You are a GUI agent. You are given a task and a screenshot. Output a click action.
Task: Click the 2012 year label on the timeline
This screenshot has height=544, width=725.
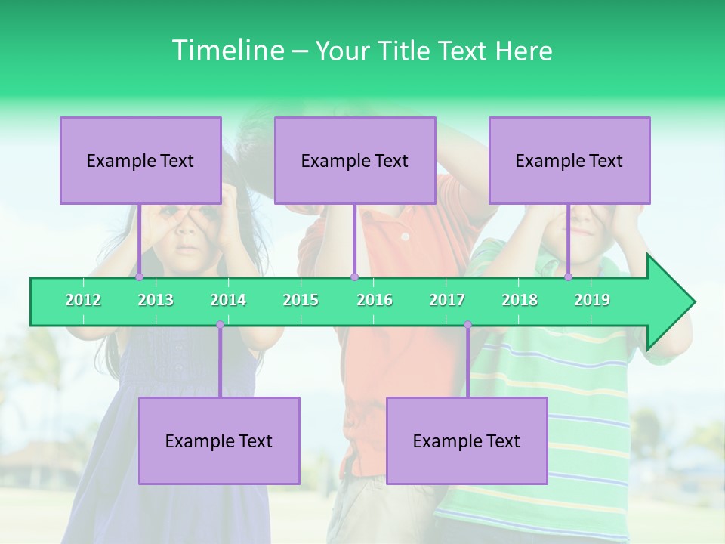(83, 300)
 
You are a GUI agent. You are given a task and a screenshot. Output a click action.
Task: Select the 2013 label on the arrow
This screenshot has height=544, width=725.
(156, 300)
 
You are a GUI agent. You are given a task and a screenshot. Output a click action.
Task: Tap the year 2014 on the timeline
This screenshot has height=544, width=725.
(228, 300)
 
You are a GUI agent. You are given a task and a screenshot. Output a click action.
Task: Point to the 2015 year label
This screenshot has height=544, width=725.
(301, 300)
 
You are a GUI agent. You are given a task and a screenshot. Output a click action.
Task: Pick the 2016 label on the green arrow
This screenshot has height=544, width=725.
(375, 300)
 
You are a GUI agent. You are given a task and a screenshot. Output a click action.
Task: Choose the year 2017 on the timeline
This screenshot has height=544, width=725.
(447, 300)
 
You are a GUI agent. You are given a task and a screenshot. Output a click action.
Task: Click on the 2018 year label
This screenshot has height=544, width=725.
(520, 300)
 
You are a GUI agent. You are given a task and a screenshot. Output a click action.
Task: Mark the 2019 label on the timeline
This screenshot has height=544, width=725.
(592, 300)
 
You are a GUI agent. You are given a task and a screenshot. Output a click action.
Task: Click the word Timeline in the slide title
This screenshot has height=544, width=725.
(227, 51)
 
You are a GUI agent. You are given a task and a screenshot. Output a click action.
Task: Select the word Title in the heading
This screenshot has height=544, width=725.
(406, 51)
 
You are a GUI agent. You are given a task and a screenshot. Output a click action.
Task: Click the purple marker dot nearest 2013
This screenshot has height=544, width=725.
(140, 277)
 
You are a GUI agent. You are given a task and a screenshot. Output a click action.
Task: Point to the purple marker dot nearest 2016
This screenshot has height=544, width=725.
(354, 277)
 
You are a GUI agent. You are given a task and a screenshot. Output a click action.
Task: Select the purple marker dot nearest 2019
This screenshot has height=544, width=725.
(569, 277)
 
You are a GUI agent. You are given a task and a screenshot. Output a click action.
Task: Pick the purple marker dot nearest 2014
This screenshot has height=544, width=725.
(220, 325)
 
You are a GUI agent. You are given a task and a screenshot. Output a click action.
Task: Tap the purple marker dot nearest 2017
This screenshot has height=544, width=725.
(467, 325)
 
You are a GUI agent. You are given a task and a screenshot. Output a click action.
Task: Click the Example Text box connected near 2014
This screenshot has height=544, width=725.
(219, 440)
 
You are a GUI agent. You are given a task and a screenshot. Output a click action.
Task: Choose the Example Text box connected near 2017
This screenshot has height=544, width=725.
(467, 440)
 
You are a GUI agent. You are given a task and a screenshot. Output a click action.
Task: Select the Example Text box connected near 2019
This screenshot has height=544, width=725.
(569, 160)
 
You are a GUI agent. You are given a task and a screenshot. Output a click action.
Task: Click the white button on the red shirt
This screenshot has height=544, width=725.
(405, 236)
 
